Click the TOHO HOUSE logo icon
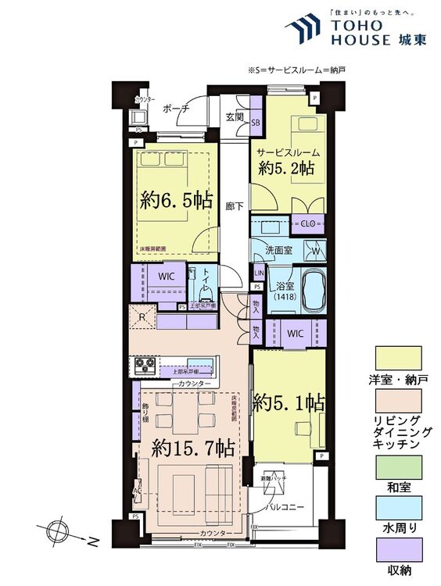(x=302, y=29)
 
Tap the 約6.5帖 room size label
(x=176, y=199)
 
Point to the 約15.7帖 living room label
(x=192, y=448)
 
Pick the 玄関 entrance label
(x=235, y=117)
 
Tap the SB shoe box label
(x=256, y=123)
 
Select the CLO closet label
(x=307, y=223)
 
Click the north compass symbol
(x=57, y=531)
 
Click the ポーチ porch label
(x=176, y=109)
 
